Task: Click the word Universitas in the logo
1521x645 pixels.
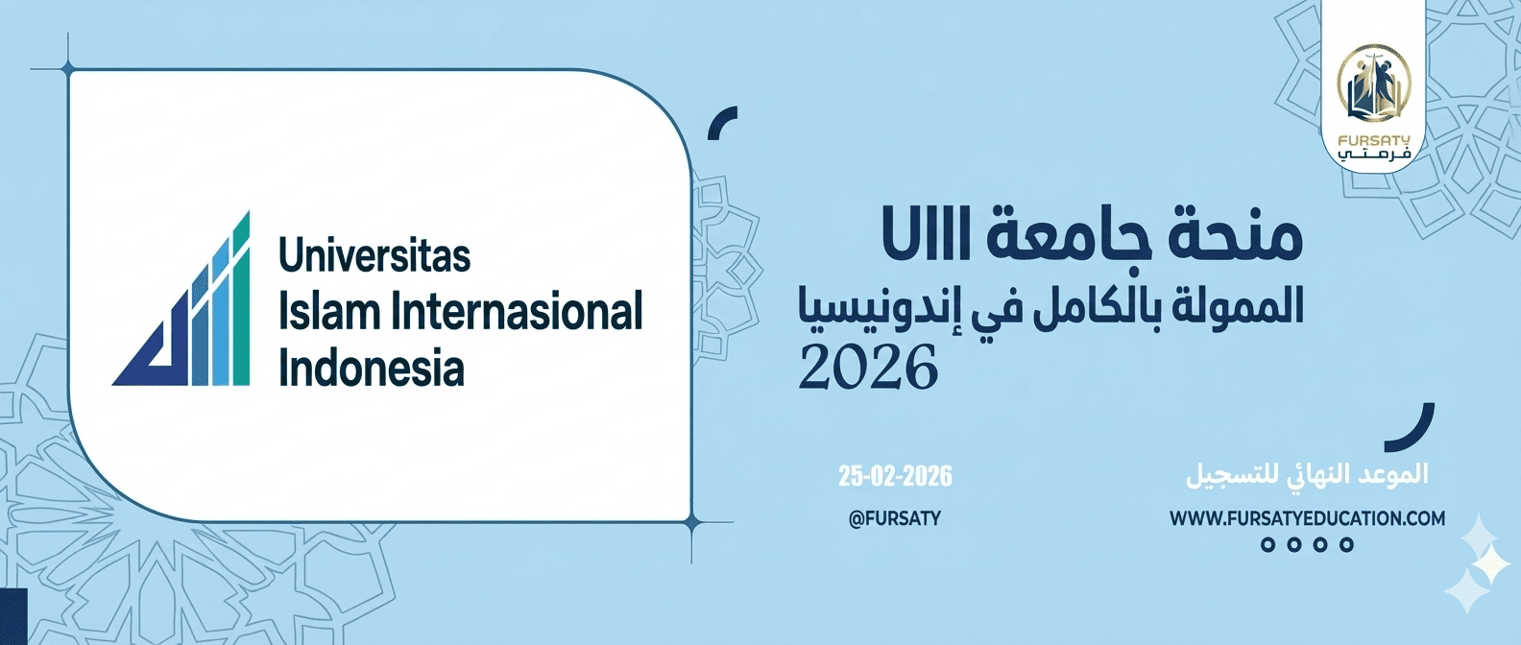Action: (x=374, y=256)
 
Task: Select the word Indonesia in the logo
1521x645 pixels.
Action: (x=372, y=370)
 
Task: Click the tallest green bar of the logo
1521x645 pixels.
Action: (x=241, y=299)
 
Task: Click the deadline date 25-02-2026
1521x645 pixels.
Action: (x=895, y=476)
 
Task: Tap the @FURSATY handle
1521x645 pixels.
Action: (x=895, y=518)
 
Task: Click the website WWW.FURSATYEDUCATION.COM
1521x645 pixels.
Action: (x=1307, y=519)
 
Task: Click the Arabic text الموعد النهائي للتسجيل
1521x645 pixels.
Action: (x=1307, y=475)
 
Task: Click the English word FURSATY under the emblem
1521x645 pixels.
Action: (x=1373, y=140)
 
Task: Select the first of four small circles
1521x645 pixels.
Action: (x=1268, y=545)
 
